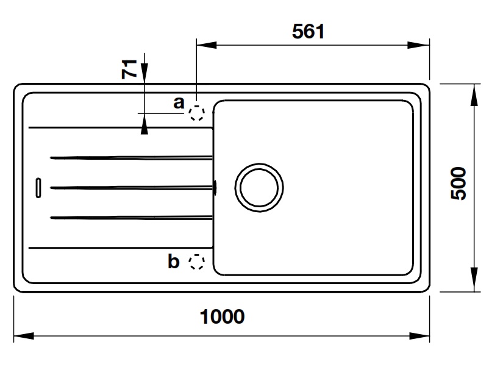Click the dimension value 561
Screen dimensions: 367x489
coord(307,32)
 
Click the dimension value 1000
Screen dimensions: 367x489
coord(222,316)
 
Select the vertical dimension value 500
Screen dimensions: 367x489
coord(459,184)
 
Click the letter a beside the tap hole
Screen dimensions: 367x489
coord(179,102)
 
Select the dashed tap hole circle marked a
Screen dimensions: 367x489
coord(196,113)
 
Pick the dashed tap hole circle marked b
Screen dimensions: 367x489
coord(196,262)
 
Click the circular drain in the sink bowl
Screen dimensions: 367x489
coord(260,187)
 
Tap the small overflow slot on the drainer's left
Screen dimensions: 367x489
coord(38,187)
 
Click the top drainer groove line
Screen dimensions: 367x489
coord(131,158)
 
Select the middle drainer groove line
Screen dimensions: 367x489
coord(131,187)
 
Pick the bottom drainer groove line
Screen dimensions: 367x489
coord(131,216)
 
